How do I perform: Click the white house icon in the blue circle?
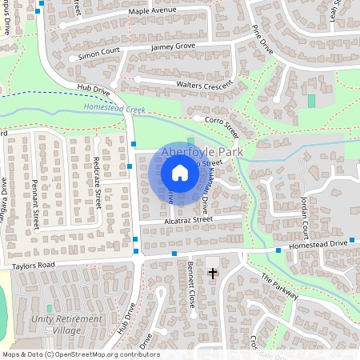coord(180,172)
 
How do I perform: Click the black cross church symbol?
coord(213,274)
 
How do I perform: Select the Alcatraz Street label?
coord(189,218)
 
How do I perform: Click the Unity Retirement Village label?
coord(70,324)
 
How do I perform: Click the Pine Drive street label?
coord(262,41)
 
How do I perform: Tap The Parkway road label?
coord(280,286)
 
